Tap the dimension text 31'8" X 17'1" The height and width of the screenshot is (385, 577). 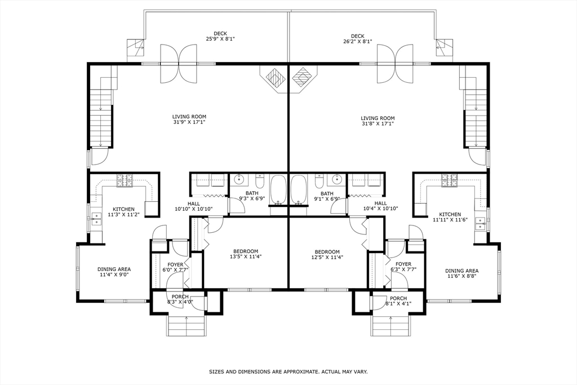point(377,123)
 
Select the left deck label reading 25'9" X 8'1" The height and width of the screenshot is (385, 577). point(220,38)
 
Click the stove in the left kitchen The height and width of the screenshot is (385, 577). point(125,180)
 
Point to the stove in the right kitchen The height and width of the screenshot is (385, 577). point(449,180)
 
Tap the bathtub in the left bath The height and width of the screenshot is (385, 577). point(277,189)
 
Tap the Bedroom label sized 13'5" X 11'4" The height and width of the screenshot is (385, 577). point(243,254)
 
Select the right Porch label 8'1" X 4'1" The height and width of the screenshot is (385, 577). point(398,300)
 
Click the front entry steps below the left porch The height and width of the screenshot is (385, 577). point(186,325)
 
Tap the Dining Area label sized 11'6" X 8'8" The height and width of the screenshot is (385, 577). point(462,273)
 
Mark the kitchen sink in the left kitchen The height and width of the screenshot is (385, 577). point(96,219)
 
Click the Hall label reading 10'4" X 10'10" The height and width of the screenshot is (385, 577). point(380,206)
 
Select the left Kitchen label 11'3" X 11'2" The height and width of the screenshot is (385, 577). point(123,211)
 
